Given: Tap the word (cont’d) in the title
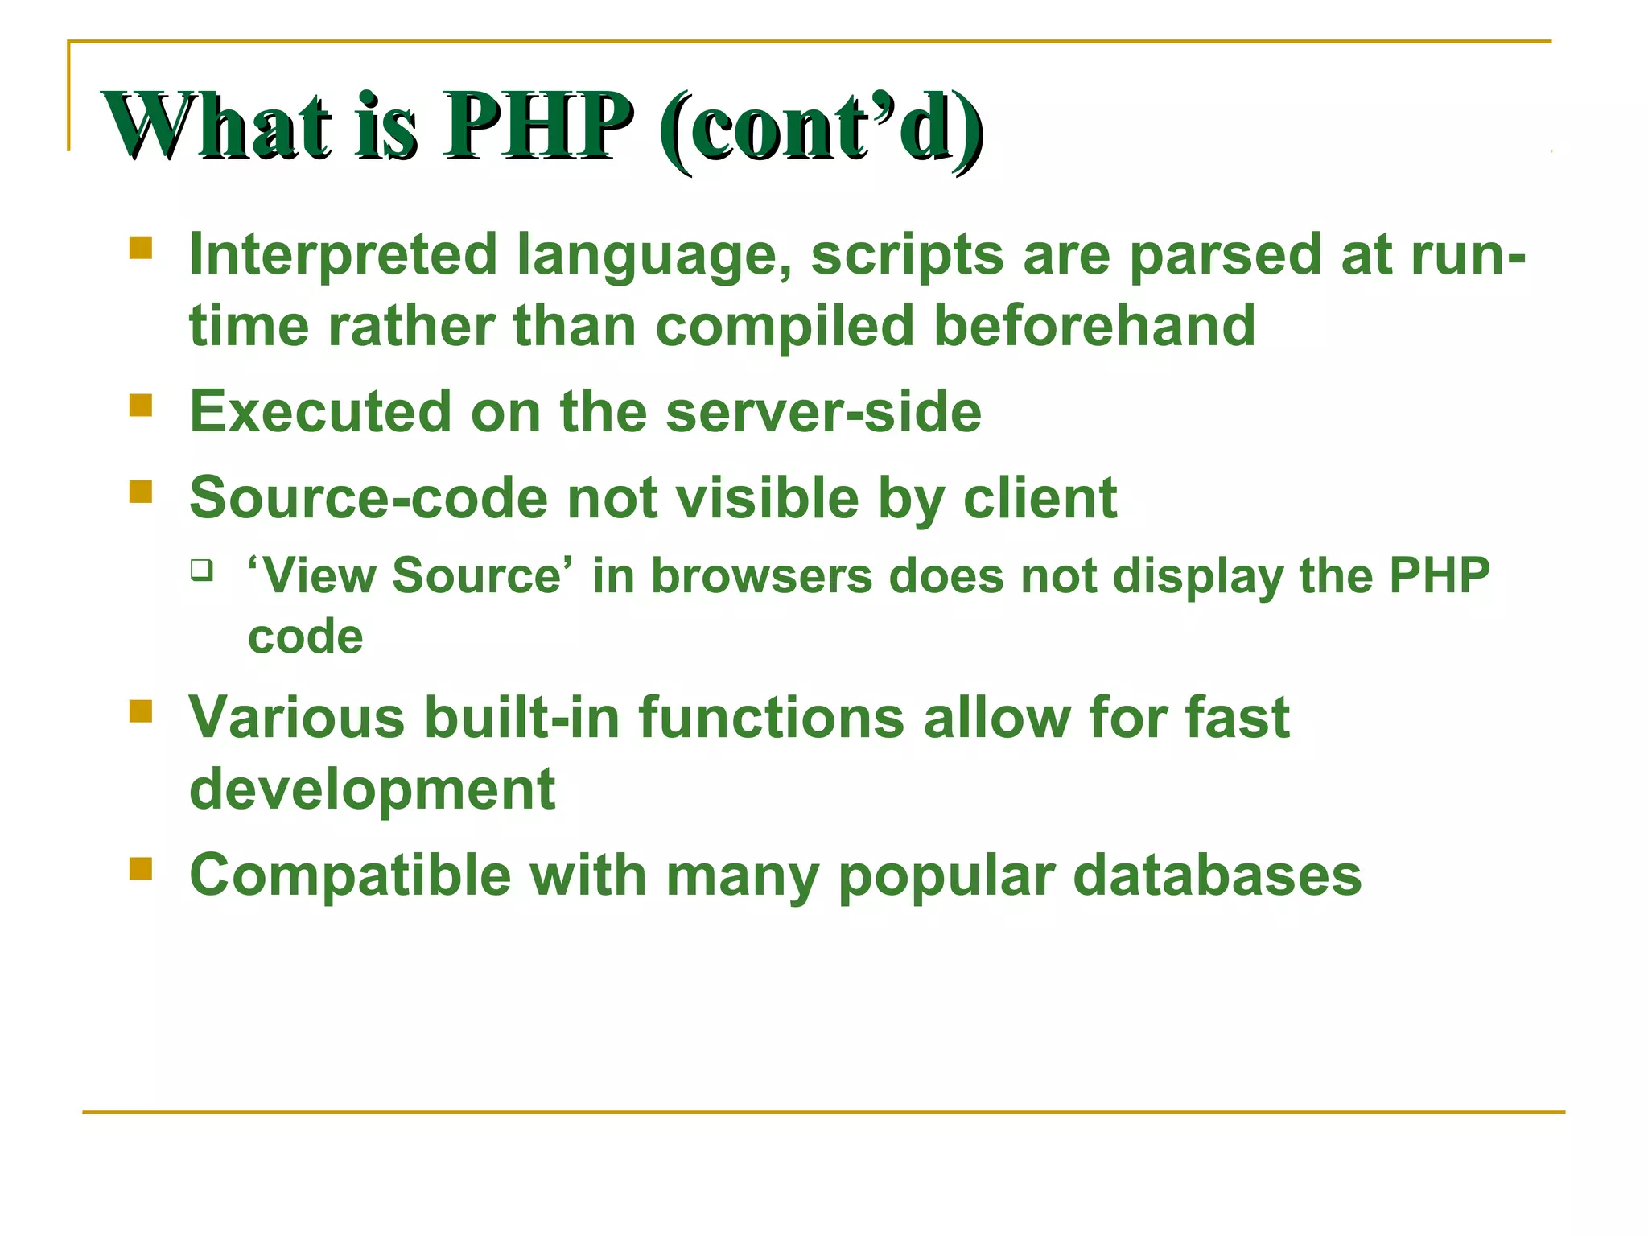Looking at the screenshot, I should click(x=821, y=127).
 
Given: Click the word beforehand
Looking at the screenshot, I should click(x=1094, y=326).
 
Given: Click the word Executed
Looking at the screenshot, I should click(x=319, y=412).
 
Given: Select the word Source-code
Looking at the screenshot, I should click(x=369, y=498).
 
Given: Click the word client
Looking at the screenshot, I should click(x=1040, y=498).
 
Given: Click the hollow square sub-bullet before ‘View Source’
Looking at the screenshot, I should click(x=202, y=571).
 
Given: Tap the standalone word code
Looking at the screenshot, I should click(x=305, y=637).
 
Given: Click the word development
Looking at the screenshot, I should click(x=372, y=789).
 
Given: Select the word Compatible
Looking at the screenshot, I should click(x=350, y=875).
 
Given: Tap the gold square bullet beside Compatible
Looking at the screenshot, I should click(x=141, y=868).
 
